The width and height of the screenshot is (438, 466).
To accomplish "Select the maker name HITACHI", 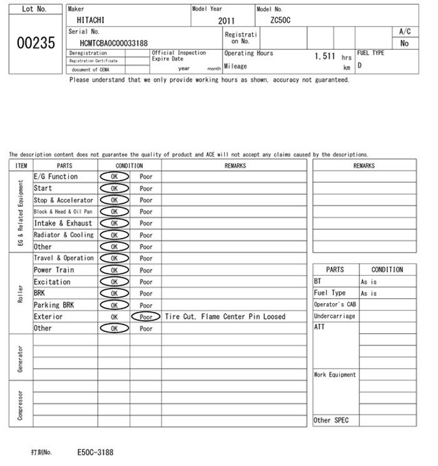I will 91,20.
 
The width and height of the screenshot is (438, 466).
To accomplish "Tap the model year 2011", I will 227,21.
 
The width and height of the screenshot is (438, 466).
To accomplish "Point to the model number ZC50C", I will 280,20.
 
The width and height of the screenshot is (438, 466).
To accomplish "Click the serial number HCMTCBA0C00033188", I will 114,43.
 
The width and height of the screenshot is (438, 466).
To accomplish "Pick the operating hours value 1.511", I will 325,56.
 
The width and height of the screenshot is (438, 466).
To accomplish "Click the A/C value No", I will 404,43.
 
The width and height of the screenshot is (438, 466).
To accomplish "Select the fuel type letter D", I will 360,65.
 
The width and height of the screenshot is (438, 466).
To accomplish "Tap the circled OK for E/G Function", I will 114,177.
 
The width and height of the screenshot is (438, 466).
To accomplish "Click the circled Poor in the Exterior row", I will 146,317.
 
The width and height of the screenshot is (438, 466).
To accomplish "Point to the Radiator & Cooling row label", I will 63,235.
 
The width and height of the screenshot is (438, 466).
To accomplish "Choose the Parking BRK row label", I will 54,305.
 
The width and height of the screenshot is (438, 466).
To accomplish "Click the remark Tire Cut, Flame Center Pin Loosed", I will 225,317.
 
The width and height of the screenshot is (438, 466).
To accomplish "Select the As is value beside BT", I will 369,282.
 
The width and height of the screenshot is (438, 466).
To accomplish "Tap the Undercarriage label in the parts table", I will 334,316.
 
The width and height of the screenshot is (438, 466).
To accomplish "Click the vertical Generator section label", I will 20,357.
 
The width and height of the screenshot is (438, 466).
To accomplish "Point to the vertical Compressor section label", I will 20,405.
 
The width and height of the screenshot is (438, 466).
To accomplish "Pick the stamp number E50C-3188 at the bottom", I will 95,452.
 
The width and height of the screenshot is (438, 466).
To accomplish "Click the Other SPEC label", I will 331,421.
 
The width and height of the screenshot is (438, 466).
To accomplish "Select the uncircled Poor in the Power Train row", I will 146,270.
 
